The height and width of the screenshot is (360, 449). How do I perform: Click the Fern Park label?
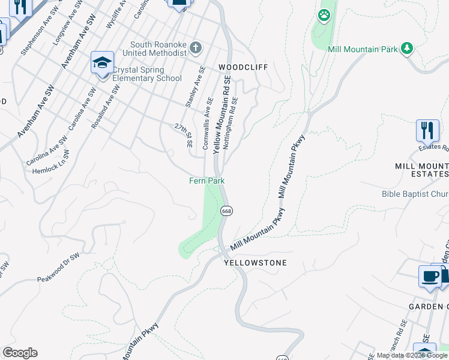[x=206, y=181]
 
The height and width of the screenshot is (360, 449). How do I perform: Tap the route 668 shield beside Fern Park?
[x=226, y=211]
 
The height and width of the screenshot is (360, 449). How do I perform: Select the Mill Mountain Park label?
[x=363, y=49]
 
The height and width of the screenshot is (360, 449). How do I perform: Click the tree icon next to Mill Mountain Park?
[x=408, y=48]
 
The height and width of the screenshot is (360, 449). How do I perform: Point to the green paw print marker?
[x=324, y=15]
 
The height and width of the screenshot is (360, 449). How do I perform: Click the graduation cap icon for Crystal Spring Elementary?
[x=102, y=62]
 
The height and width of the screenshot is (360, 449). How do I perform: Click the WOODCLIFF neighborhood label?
[x=243, y=67]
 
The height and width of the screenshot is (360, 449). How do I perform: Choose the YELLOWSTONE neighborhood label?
[x=256, y=263]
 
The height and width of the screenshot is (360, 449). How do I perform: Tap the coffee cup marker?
[x=429, y=277]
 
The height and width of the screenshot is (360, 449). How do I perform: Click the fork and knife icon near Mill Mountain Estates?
[x=427, y=130]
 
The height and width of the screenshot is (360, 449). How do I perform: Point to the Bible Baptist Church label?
[x=415, y=194]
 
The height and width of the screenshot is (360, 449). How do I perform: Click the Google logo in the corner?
[x=20, y=353]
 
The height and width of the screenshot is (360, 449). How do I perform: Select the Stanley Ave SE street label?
[x=194, y=91]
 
